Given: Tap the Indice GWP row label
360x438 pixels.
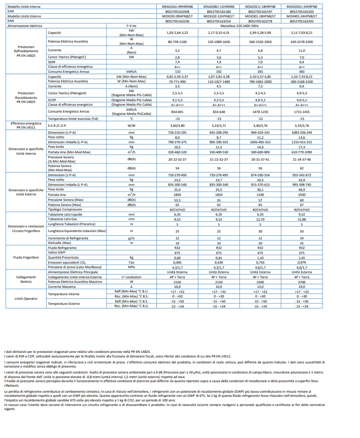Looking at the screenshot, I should click(x=58, y=253).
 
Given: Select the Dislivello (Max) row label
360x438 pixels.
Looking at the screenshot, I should click(x=59, y=243).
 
